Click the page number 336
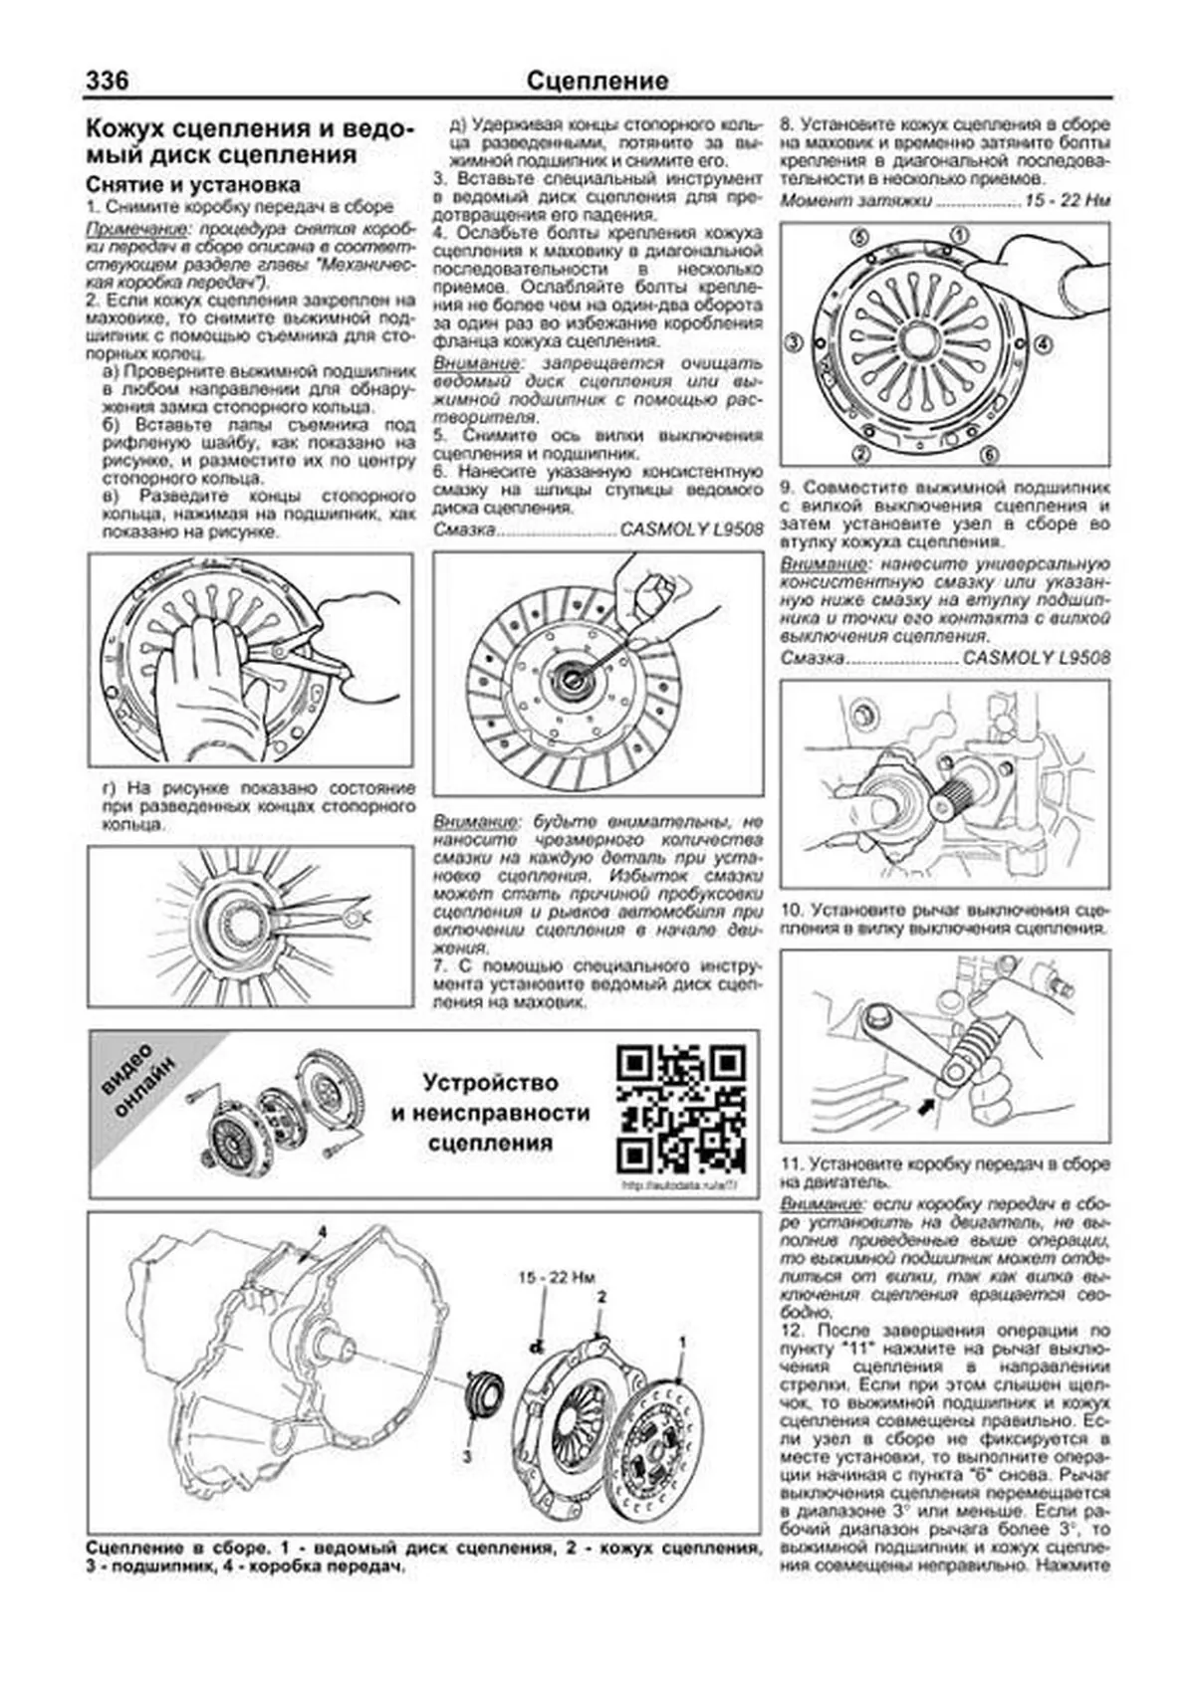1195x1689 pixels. pyautogui.click(x=108, y=81)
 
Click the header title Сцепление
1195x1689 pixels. pyautogui.click(x=597, y=81)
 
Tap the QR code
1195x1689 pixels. pyautogui.click(x=681, y=1108)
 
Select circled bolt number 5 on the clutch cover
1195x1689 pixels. pyautogui.click(x=859, y=238)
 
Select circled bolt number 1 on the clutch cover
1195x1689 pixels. pyautogui.click(x=959, y=234)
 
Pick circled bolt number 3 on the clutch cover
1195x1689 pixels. pyautogui.click(x=795, y=343)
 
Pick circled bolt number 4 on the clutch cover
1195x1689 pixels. pyautogui.click(x=1043, y=343)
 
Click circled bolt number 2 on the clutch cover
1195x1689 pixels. pyautogui.click(x=861, y=455)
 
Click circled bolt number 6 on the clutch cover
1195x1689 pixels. pyautogui.click(x=988, y=455)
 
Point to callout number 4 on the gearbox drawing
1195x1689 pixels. pyautogui.click(x=322, y=1232)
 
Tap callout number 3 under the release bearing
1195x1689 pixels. pyautogui.click(x=465, y=1457)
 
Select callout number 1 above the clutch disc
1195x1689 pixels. pyautogui.click(x=682, y=1343)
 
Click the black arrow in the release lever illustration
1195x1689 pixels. pyautogui.click(x=926, y=1104)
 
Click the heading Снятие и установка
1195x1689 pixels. pyautogui.click(x=193, y=185)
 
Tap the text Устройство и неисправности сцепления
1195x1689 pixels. pyautogui.click(x=490, y=1113)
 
